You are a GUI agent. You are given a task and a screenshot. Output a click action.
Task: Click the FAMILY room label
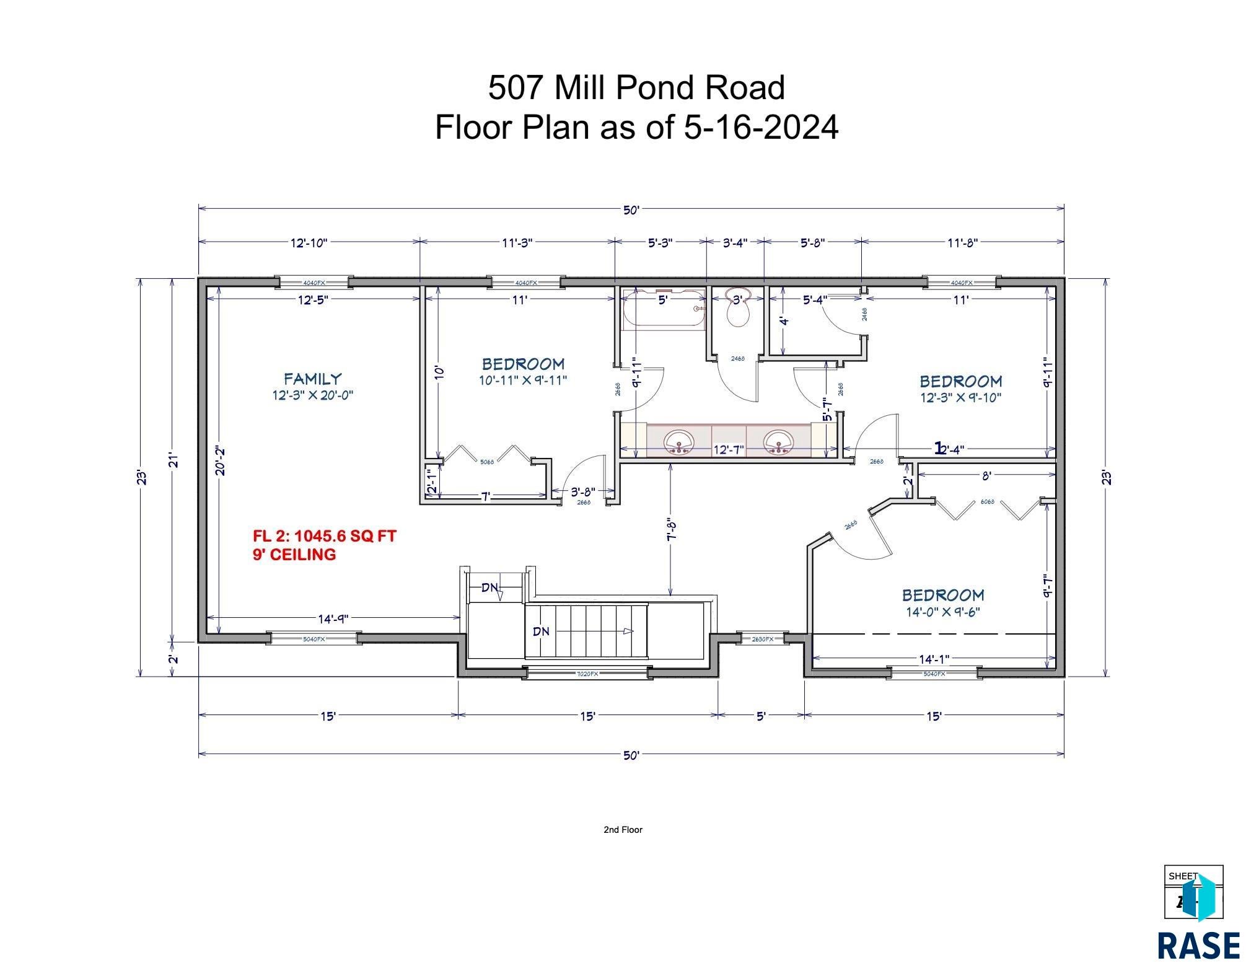312,379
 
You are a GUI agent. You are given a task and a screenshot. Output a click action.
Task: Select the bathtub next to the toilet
664,309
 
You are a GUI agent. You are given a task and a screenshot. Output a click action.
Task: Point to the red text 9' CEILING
294,555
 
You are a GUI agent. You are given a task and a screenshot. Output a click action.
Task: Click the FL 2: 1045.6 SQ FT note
324,535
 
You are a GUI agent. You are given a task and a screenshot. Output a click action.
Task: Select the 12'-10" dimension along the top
309,243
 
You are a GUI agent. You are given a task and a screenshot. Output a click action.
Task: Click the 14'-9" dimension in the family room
333,618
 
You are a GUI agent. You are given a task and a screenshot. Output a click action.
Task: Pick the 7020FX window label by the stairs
587,674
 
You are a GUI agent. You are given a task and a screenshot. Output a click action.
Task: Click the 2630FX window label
762,639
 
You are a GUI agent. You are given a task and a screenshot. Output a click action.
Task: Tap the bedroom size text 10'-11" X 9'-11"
523,380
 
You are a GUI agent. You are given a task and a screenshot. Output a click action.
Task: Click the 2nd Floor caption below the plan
623,830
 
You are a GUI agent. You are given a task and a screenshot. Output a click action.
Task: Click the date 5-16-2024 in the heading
761,127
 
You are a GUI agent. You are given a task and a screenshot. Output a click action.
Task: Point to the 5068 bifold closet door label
487,462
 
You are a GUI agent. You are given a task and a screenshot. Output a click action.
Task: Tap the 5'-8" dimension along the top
812,243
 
